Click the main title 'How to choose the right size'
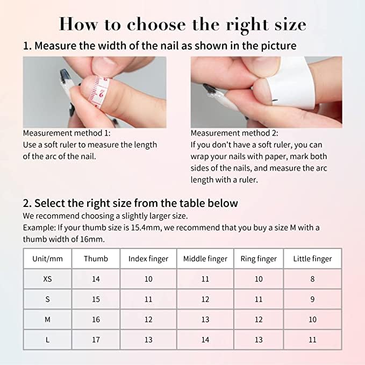point(182,24)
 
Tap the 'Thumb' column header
point(96,259)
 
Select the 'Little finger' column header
point(312,259)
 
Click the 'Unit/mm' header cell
point(47,259)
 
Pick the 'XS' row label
point(47,279)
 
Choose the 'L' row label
point(47,340)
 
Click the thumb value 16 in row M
point(96,319)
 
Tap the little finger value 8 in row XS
point(312,279)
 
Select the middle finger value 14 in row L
point(205,340)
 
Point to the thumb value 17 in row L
point(96,340)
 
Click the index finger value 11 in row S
point(148,299)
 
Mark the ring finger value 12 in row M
point(259,319)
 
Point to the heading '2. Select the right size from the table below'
point(130,203)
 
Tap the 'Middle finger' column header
point(205,259)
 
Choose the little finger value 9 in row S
point(312,299)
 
